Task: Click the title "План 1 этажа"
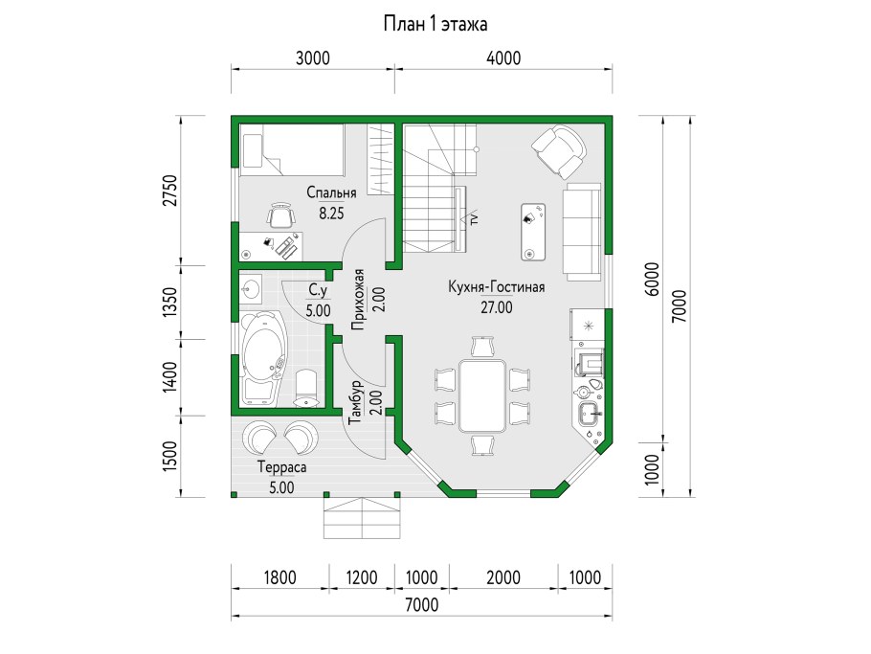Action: [435, 25]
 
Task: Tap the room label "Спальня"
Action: [331, 192]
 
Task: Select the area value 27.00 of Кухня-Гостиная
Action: [497, 306]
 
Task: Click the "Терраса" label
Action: [282, 468]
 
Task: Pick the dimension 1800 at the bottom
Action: [279, 578]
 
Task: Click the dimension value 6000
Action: [653, 279]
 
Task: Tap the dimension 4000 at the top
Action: [503, 57]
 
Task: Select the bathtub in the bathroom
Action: [263, 357]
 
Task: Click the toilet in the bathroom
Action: [306, 389]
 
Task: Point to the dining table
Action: [482, 395]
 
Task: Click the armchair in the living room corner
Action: [559, 151]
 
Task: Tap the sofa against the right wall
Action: [582, 232]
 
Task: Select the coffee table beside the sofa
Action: [533, 232]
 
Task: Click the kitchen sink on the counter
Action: [590, 414]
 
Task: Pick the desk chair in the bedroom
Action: [280, 214]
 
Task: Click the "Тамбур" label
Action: [356, 402]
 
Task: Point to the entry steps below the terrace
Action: [362, 517]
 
